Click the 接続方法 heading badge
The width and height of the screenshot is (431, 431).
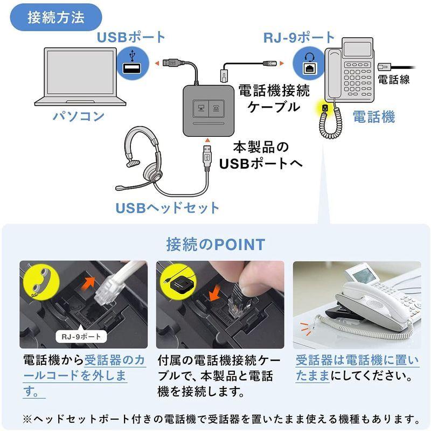(x=56, y=17)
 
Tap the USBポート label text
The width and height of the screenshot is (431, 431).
(x=131, y=37)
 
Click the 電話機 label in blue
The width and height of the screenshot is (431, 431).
(x=373, y=116)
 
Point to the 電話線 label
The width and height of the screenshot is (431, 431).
(x=394, y=80)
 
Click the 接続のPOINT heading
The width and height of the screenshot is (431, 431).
(x=215, y=245)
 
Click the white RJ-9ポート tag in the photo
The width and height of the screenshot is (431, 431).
(x=81, y=337)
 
